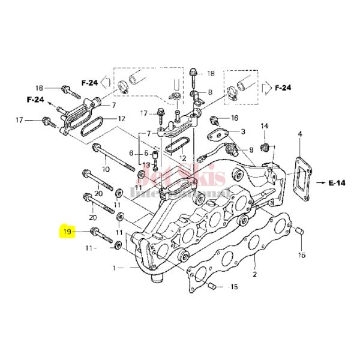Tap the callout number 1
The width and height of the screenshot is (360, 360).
tap(114, 268)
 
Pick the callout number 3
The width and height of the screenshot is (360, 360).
tap(242, 131)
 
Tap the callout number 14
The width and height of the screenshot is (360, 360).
tap(264, 125)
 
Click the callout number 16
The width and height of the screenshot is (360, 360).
tap(235, 118)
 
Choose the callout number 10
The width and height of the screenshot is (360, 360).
tap(106, 170)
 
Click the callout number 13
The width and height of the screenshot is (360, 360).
tap(146, 165)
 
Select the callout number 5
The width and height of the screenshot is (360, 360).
tap(146, 154)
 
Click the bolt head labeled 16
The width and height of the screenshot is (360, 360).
tap(215, 118)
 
